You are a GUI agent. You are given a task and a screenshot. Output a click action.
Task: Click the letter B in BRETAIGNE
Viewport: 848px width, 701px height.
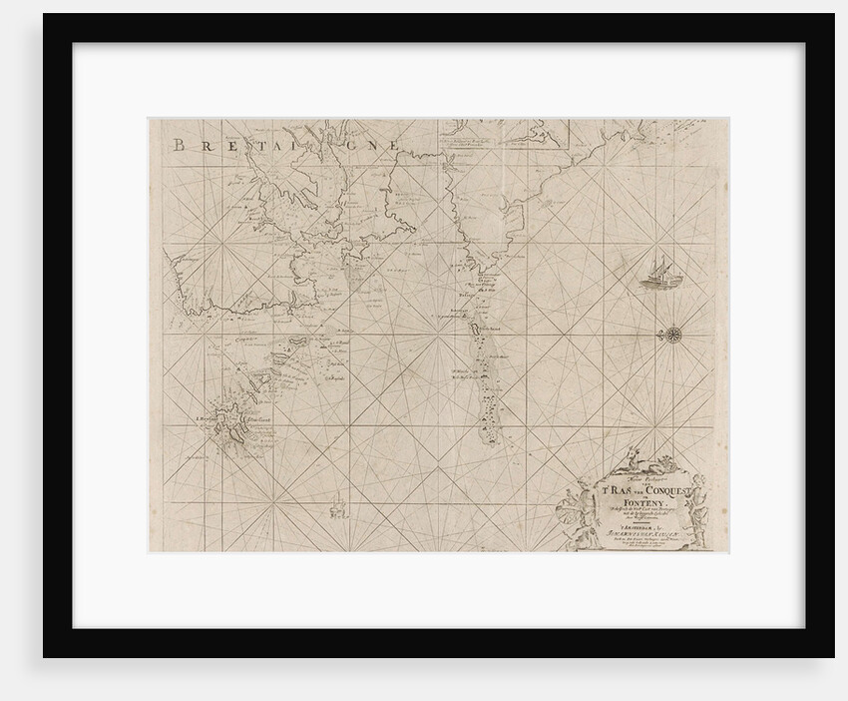coord(179,145)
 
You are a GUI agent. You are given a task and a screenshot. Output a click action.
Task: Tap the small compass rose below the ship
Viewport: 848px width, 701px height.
coord(670,331)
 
